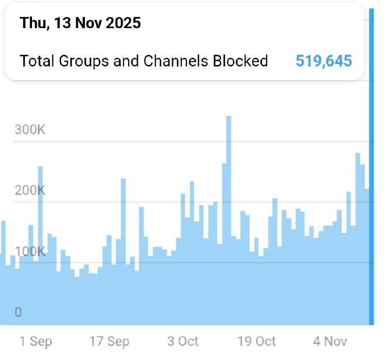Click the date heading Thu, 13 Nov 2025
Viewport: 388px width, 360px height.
coord(80,23)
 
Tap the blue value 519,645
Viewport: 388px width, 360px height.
coord(323,61)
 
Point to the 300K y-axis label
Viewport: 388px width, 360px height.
coord(30,130)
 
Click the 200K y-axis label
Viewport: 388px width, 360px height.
coord(30,190)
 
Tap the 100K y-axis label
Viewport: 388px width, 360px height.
coord(30,252)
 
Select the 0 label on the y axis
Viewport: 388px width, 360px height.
coord(18,312)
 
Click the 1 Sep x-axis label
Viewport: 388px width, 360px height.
coord(35,342)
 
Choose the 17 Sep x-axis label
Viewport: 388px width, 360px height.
coord(109,342)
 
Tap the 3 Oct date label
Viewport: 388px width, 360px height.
coord(183,342)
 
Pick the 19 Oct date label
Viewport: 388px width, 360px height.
coord(257,342)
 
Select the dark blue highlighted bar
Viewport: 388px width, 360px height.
coord(372,170)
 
